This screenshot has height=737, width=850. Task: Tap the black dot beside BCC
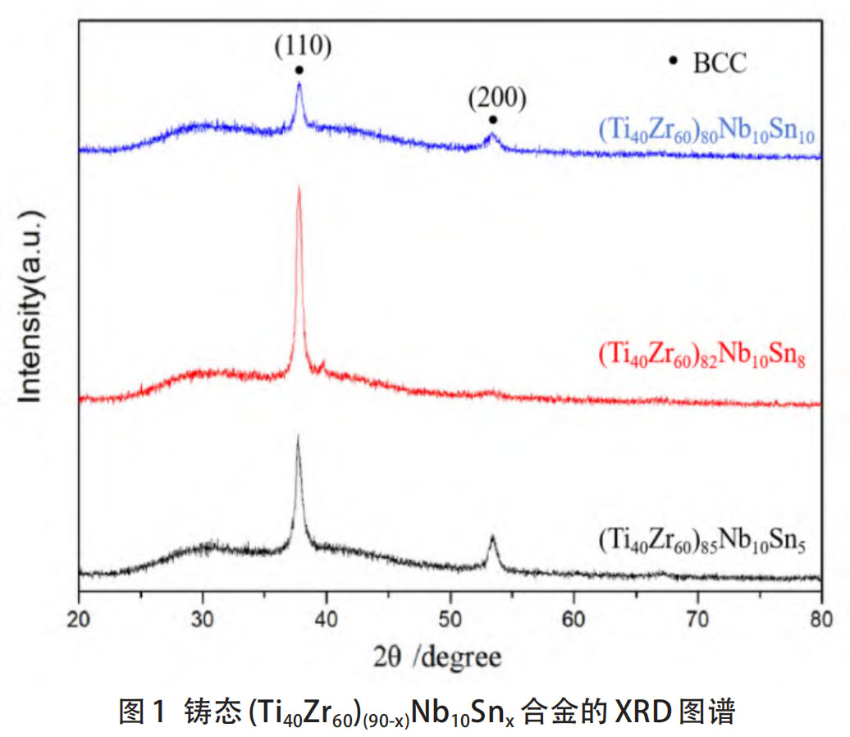(x=674, y=60)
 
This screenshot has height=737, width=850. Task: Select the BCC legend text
(x=720, y=63)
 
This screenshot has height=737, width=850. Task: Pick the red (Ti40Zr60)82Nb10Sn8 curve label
(x=700, y=357)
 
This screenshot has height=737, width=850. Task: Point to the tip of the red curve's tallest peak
(x=299, y=188)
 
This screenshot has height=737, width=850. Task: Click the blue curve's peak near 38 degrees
(x=299, y=83)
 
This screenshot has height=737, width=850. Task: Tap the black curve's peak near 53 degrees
(x=492, y=538)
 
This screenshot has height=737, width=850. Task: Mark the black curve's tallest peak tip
(x=298, y=437)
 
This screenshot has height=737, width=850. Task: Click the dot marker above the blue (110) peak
(x=299, y=70)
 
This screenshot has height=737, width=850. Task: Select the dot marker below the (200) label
(x=493, y=120)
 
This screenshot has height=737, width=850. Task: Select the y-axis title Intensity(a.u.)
(x=31, y=304)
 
